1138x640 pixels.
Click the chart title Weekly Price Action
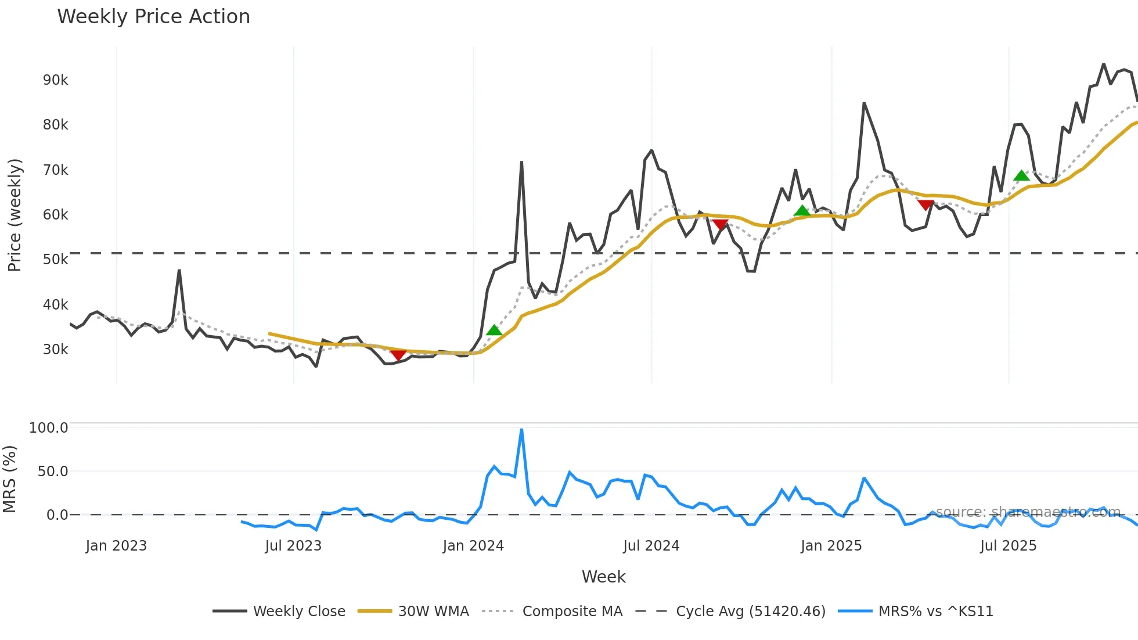[x=153, y=17]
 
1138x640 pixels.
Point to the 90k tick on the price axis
[x=55, y=80]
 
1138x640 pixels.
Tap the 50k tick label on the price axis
[x=55, y=260]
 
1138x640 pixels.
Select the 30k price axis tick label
[x=55, y=350]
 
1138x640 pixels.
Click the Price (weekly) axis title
[x=15, y=215]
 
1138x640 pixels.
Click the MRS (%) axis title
[x=10, y=479]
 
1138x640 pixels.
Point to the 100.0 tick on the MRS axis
[x=49, y=428]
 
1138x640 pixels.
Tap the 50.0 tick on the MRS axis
[x=53, y=472]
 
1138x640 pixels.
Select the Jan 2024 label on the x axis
[x=473, y=546]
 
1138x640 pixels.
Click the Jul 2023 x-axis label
[x=293, y=546]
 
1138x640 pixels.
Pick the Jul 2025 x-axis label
[x=1009, y=546]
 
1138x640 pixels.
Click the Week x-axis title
[x=604, y=577]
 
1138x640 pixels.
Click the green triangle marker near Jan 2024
[x=494, y=330]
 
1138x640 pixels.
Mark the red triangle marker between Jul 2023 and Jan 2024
[x=398, y=355]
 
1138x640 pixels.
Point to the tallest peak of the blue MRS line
[x=521, y=430]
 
